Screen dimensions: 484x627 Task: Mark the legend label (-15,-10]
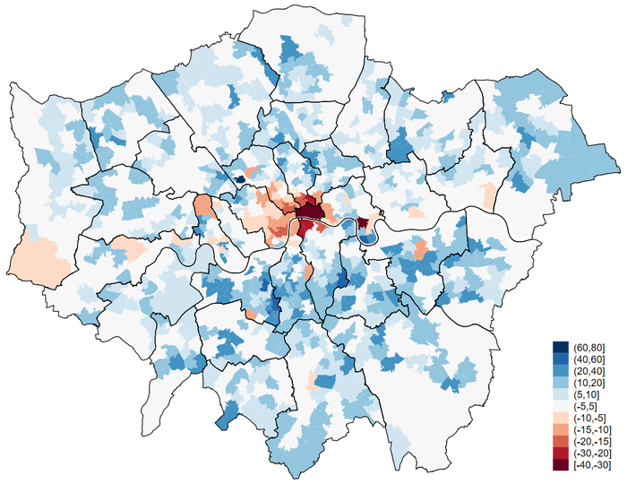click(592, 428)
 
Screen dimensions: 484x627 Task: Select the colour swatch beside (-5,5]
click(559, 405)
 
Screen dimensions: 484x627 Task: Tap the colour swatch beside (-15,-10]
click(559, 428)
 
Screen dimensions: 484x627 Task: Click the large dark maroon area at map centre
click(310, 212)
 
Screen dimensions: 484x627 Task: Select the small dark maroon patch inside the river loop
click(364, 222)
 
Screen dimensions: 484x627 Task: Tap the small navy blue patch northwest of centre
click(240, 178)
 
